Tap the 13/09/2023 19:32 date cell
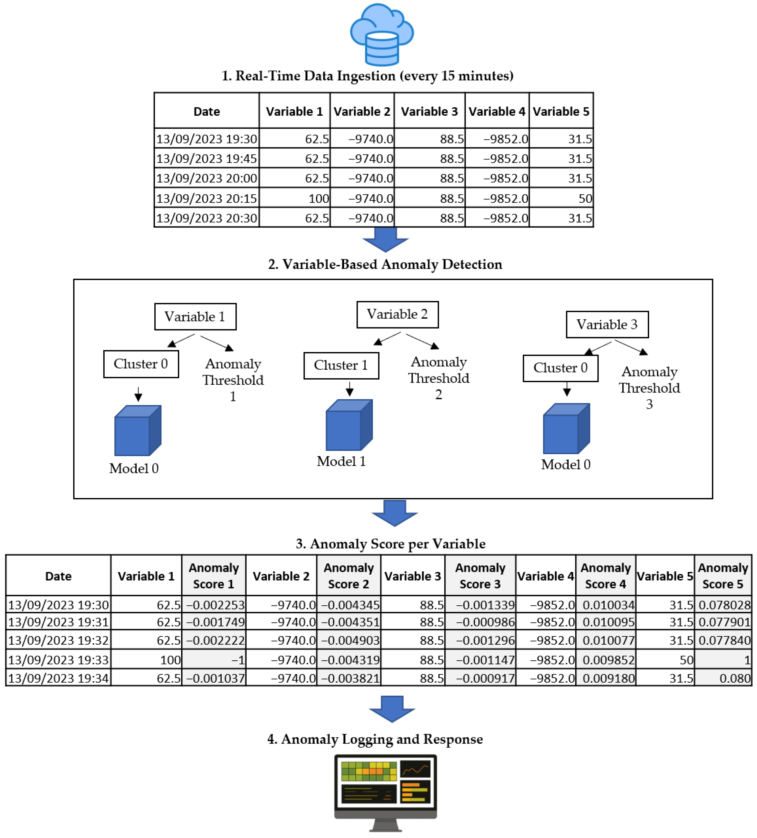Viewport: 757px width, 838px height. click(x=58, y=640)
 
